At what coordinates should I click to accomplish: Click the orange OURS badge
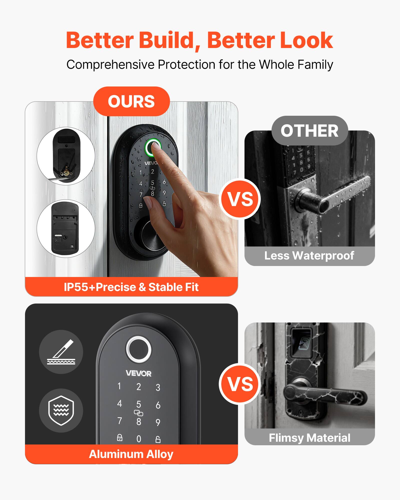[131, 101]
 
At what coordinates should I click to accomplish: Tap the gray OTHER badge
[309, 131]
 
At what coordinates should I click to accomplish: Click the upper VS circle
[240, 199]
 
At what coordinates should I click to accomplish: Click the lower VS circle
[240, 384]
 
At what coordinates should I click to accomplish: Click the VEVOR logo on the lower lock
[138, 373]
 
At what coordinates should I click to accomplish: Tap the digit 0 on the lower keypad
[138, 439]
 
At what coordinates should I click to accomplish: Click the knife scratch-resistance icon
[61, 352]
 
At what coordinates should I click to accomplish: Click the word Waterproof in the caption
[323, 255]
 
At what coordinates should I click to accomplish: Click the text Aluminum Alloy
[131, 454]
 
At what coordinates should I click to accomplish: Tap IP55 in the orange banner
[76, 287]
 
